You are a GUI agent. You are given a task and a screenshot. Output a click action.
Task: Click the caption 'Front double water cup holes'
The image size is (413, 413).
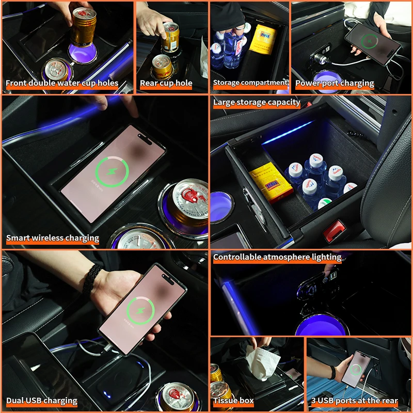62,83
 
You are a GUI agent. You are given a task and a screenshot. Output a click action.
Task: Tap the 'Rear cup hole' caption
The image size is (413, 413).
166,83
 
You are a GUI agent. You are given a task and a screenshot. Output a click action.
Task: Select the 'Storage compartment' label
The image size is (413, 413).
250,83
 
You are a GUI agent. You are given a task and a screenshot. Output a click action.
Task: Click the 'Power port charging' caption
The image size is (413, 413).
335,83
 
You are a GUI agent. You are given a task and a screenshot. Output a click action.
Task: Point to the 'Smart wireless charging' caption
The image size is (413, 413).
53,238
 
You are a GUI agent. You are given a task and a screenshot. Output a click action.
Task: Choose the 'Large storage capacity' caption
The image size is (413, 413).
257,102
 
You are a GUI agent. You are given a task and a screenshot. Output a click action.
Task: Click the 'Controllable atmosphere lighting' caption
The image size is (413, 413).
277,257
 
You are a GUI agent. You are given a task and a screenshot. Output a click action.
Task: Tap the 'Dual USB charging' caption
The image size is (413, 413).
42,400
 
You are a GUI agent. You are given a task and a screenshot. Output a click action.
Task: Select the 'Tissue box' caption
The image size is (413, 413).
233,400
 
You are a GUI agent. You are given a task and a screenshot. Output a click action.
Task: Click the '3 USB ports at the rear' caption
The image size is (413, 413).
354,400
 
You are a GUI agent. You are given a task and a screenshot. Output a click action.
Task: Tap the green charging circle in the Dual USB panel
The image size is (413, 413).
141,310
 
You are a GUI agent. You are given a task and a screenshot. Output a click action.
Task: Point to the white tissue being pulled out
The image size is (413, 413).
262,362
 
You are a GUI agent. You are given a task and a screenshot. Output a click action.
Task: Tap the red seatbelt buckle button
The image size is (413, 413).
333,230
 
